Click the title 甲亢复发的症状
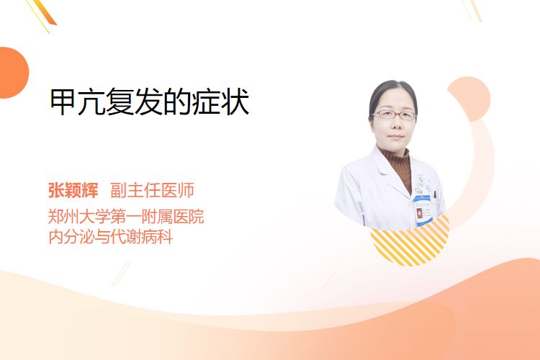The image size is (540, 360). tap(150, 102)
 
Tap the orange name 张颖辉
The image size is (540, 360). tap(73, 190)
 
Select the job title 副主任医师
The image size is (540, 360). tap(152, 190)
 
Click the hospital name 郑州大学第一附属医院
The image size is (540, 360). tap(126, 216)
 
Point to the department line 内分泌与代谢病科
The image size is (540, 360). tap(111, 237)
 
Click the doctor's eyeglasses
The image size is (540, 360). tap(395, 114)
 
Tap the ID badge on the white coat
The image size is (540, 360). tap(422, 210)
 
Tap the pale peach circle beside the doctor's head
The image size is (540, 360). tap(469, 98)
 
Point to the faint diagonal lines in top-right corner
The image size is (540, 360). tap(472, 10)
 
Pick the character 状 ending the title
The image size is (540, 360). tap(236, 102)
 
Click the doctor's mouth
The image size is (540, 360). tap(396, 137)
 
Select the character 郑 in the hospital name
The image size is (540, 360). tap(55, 216)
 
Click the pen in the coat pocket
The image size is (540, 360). tap(435, 195)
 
